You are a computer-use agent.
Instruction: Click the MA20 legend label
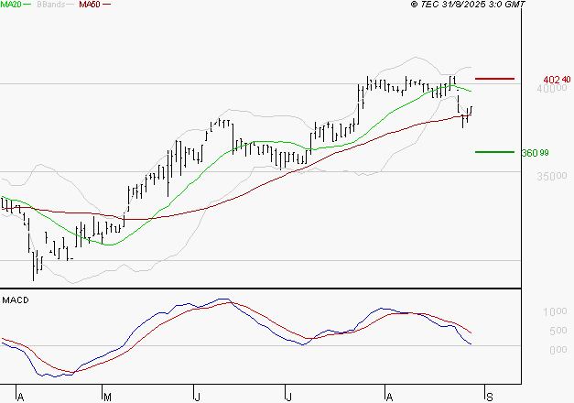tap(11, 5)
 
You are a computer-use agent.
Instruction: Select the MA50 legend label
tap(89, 5)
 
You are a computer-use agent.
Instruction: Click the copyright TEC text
tap(430, 5)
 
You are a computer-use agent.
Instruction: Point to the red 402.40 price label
tap(557, 80)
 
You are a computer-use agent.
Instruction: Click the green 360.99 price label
tap(534, 152)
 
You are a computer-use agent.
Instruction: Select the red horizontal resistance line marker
tap(494, 80)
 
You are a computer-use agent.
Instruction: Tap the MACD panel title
tap(15, 300)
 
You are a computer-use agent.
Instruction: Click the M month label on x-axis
tap(107, 397)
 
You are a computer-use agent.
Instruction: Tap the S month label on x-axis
tap(490, 397)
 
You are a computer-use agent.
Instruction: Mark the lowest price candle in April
tap(35, 268)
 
